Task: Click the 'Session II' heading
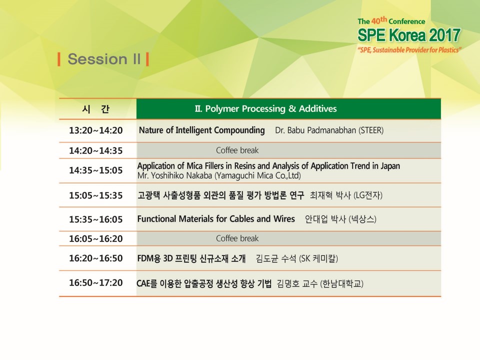[104, 59]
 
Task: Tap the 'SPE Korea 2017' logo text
[409, 35]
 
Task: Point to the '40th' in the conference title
[379, 20]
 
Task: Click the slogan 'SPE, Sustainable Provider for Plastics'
[409, 50]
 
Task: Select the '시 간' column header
[96, 109]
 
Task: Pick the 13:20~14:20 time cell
[96, 130]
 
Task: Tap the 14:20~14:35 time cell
[96, 150]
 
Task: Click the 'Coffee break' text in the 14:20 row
[237, 150]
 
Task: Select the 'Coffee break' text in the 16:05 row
[237, 238]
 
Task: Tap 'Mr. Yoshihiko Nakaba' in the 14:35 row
[175, 175]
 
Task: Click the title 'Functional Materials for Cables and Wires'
[216, 219]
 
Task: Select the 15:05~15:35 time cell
[96, 195]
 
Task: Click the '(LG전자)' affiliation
[367, 195]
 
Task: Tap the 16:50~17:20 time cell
[96, 282]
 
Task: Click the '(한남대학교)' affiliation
[341, 284]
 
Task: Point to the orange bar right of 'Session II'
[147, 59]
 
